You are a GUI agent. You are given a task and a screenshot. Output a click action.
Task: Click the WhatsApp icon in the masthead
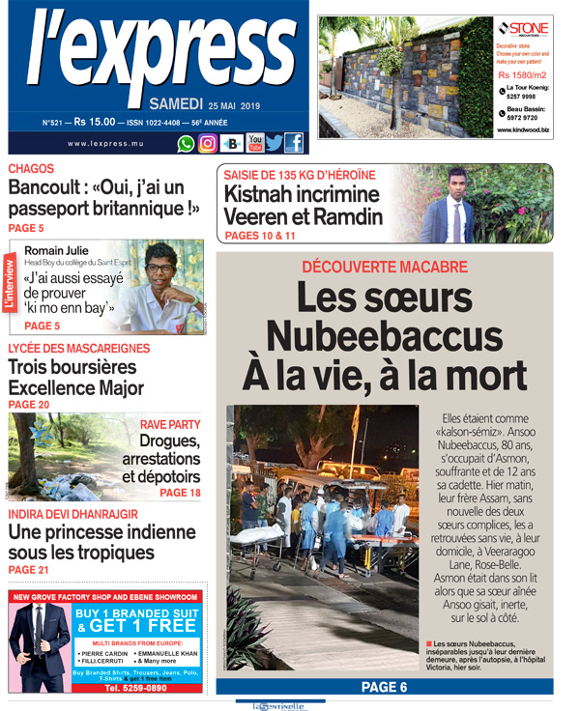(x=186, y=143)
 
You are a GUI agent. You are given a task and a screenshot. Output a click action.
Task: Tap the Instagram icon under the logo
(x=208, y=143)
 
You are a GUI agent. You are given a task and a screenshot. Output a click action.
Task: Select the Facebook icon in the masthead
(x=293, y=143)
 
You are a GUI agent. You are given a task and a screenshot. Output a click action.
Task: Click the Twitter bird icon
(x=275, y=143)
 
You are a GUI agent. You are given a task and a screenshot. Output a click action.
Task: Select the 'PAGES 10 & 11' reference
(x=260, y=235)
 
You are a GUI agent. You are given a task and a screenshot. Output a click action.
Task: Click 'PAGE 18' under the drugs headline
(x=181, y=493)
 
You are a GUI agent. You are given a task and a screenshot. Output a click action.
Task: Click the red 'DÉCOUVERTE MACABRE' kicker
(x=384, y=267)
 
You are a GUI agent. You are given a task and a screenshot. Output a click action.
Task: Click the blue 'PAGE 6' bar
(x=384, y=687)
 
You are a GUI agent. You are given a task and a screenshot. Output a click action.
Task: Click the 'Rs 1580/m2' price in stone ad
(x=522, y=74)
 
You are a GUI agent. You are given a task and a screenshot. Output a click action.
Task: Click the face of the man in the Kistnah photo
(x=455, y=184)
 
